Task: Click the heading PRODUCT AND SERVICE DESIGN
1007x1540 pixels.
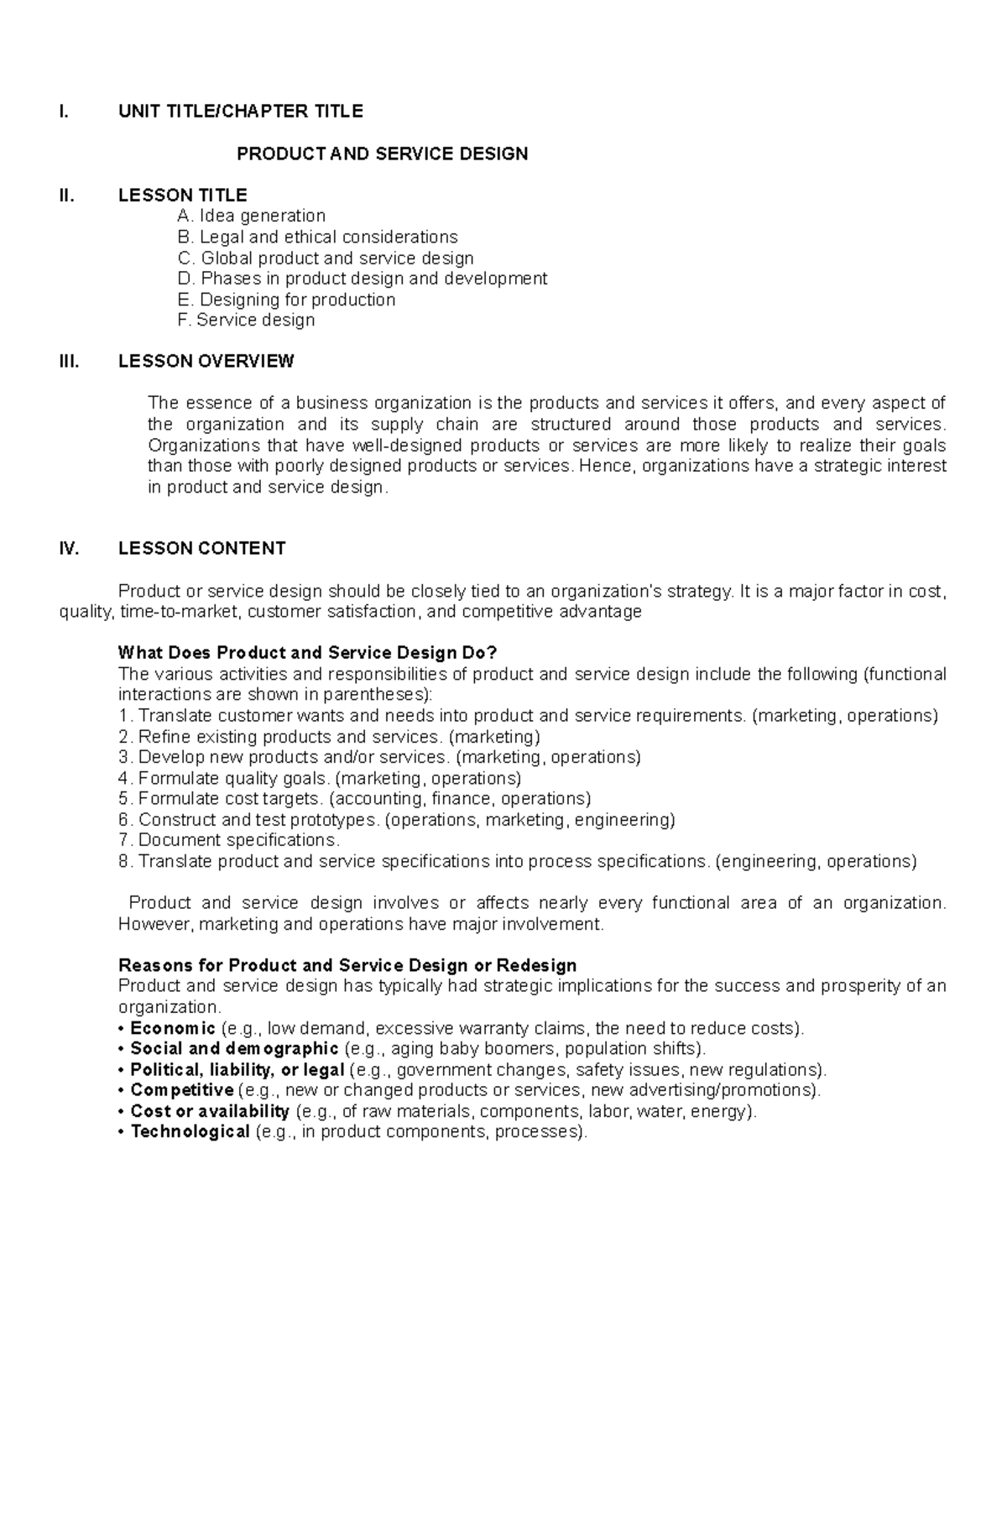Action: (x=382, y=154)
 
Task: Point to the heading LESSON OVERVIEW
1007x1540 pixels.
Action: (x=206, y=362)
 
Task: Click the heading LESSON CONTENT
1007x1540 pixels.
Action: (x=201, y=549)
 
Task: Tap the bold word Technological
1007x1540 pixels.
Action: (x=190, y=1132)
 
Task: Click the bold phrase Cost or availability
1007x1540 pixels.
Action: (x=210, y=1111)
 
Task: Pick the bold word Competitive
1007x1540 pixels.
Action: (x=181, y=1090)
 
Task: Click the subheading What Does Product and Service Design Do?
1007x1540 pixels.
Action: (x=308, y=653)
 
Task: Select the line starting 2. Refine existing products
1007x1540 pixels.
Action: (x=329, y=737)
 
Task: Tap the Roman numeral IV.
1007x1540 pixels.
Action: (x=69, y=549)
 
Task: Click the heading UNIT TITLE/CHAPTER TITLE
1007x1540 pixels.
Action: (x=241, y=112)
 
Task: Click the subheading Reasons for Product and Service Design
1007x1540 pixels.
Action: (x=347, y=965)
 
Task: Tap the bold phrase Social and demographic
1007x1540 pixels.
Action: (x=234, y=1049)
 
